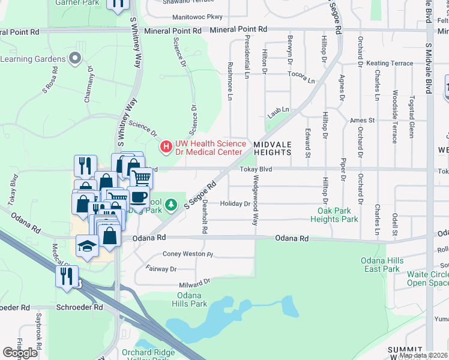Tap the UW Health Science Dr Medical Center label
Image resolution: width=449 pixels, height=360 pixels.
[x=210, y=148]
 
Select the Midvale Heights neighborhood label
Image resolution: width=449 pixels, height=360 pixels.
[x=272, y=149]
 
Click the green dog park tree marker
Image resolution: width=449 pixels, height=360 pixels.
[x=171, y=205]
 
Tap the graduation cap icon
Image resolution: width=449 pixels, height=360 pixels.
[x=87, y=245]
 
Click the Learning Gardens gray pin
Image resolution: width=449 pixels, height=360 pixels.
[x=75, y=59]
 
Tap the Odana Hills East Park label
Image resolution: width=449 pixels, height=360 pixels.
[x=381, y=265]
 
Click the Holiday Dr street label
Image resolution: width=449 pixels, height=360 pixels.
[x=235, y=204]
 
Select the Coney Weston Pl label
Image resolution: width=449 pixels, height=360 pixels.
[x=188, y=254]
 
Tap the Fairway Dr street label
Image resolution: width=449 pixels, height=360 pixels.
[x=161, y=269]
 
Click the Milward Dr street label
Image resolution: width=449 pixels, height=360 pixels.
[x=194, y=282]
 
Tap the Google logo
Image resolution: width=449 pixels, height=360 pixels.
[x=20, y=353]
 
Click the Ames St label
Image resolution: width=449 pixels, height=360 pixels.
[x=362, y=121]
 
